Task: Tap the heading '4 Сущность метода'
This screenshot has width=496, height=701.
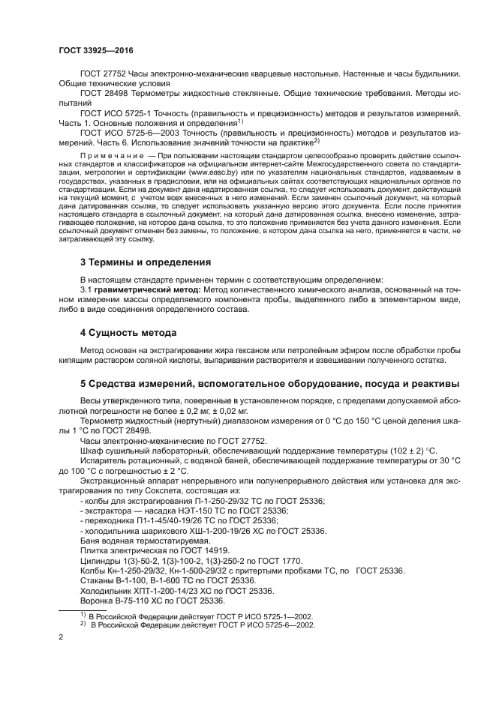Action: pos(128,332)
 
